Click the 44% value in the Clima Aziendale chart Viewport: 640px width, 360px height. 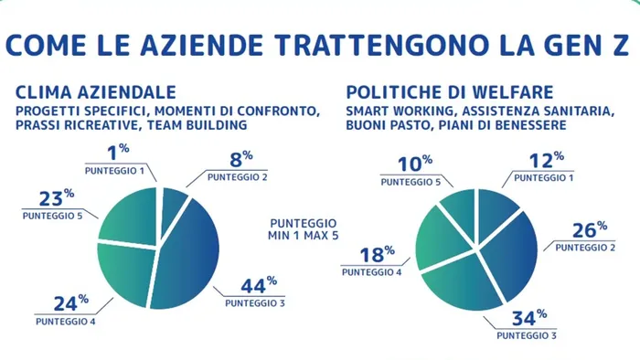[259, 284]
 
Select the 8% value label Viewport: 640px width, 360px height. [240, 156]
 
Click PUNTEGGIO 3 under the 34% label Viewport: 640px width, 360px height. [528, 334]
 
